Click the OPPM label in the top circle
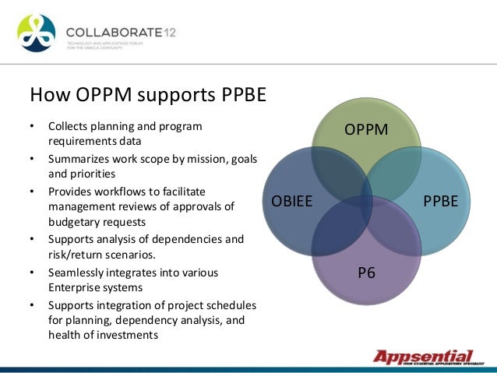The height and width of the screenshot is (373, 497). (366, 129)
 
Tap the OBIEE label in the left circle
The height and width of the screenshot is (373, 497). (291, 201)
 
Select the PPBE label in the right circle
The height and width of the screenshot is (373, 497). (440, 201)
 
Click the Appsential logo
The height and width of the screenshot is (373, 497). (424, 357)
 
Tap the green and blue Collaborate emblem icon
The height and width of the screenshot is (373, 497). (37, 33)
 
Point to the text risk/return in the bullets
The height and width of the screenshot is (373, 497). (76, 254)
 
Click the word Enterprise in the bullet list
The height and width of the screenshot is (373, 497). (72, 287)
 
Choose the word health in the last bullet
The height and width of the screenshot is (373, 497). (64, 335)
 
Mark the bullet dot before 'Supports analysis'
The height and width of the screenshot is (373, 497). (32, 240)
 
